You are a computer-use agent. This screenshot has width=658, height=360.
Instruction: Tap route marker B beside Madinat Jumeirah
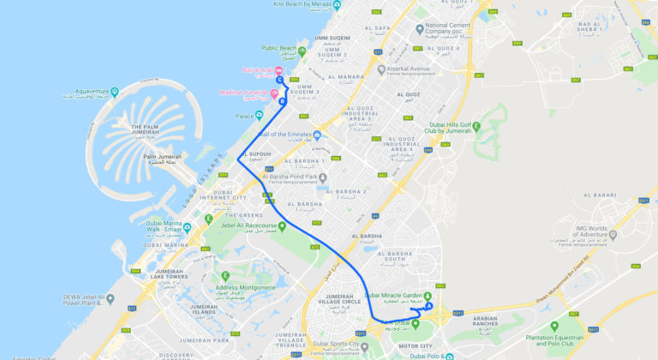(282, 101)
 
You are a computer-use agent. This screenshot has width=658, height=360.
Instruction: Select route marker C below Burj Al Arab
(280, 81)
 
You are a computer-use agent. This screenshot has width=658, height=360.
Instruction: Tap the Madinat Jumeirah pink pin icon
(274, 93)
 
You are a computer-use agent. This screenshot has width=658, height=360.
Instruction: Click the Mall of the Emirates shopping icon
(317, 135)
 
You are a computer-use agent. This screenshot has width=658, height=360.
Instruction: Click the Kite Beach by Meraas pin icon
(338, 4)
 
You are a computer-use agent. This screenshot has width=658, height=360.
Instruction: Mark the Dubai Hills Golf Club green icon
(478, 129)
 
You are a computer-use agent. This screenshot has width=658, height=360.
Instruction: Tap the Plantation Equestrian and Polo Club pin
(554, 327)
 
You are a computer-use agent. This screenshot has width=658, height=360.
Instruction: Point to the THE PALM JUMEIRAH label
(155, 130)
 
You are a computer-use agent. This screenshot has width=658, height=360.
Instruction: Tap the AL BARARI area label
(600, 195)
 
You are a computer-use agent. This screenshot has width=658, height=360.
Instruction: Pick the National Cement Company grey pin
(419, 27)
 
